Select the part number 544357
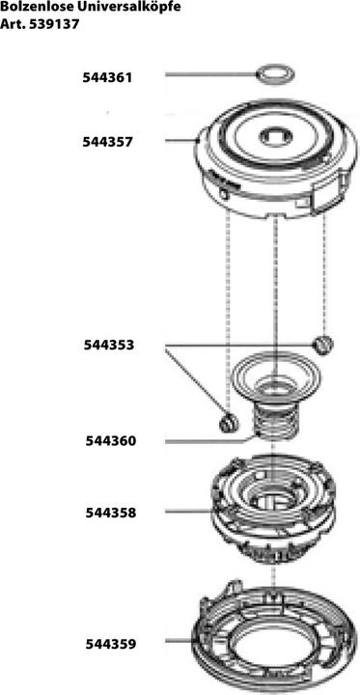(109, 141)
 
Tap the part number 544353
(109, 345)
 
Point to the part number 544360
(109, 440)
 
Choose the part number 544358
(109, 513)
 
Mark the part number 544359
(109, 643)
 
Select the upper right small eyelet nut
(324, 344)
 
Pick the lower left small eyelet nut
(228, 422)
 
